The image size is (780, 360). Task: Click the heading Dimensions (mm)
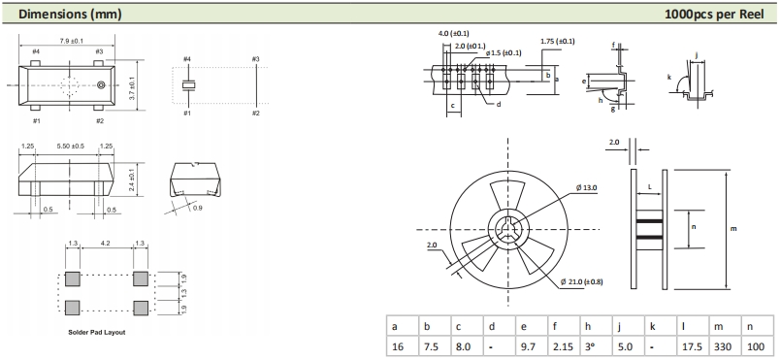coord(70,15)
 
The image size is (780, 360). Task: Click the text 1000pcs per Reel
coord(714,15)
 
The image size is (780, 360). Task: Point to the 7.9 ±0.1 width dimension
coord(67,41)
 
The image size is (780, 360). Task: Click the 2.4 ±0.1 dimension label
coord(132,180)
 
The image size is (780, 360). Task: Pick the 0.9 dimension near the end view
coord(198,208)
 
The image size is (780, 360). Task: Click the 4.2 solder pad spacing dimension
coord(106,244)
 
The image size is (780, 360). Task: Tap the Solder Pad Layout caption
coord(96,332)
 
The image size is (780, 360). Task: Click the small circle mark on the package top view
coord(101,85)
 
